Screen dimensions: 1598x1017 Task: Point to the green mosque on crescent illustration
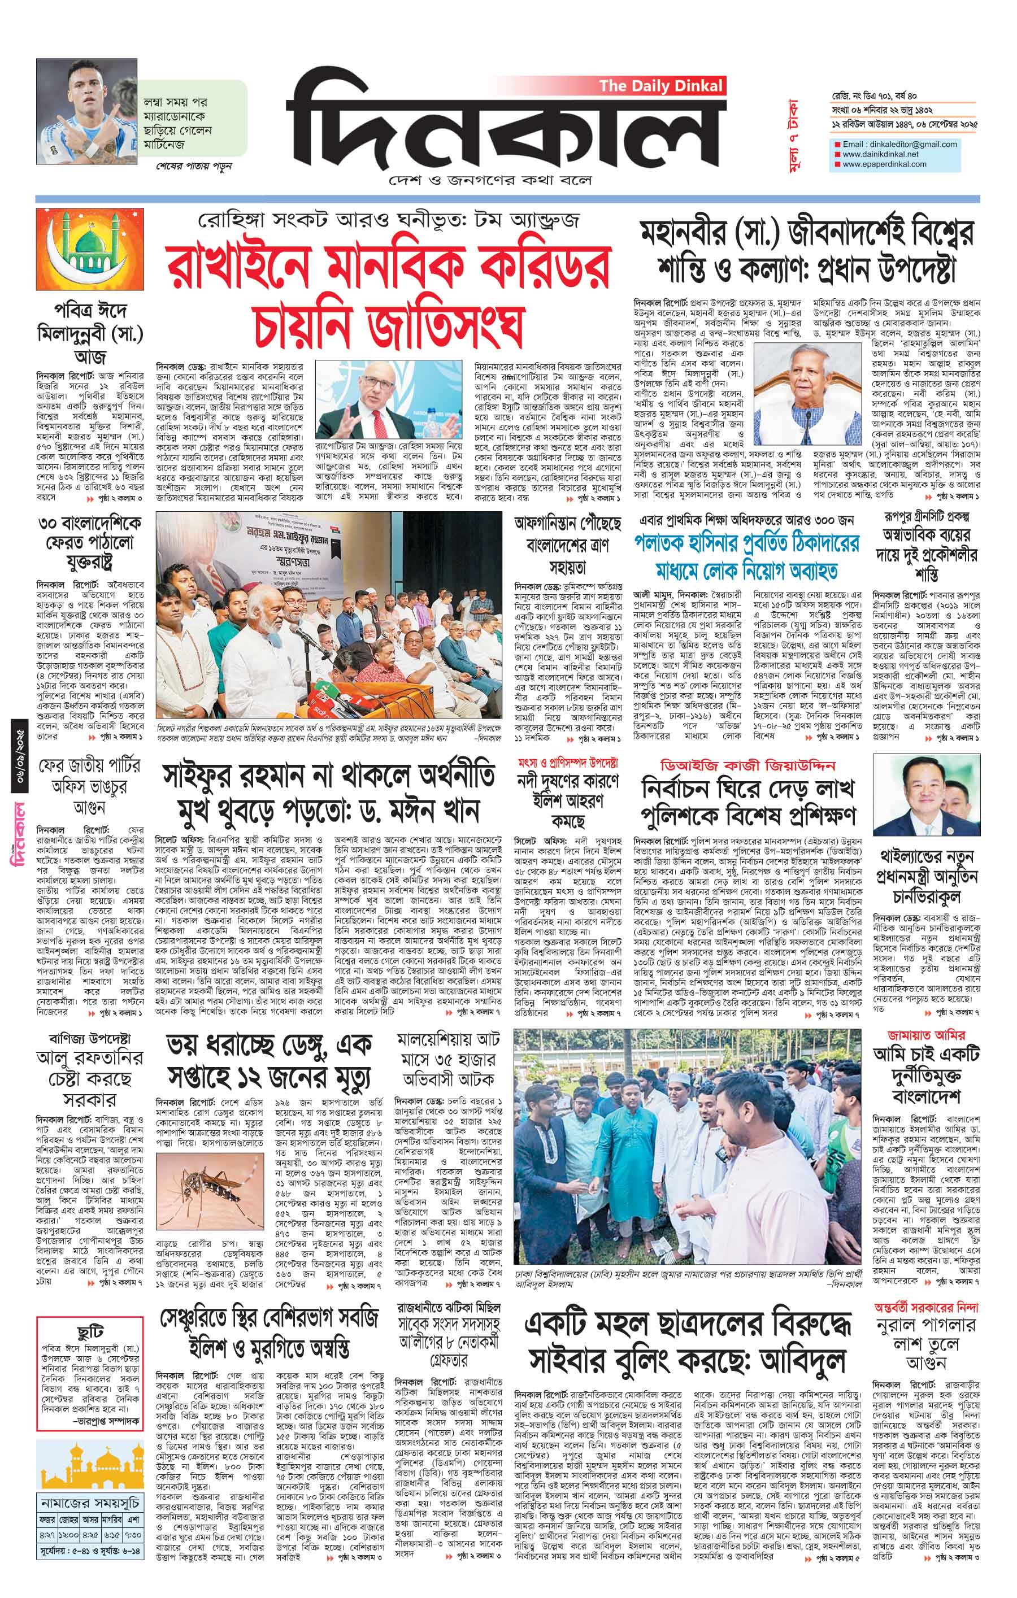(89, 249)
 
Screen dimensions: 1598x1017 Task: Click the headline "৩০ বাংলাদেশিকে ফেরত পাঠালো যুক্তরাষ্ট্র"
(89, 543)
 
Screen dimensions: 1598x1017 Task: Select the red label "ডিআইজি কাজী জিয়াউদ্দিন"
(747, 765)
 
